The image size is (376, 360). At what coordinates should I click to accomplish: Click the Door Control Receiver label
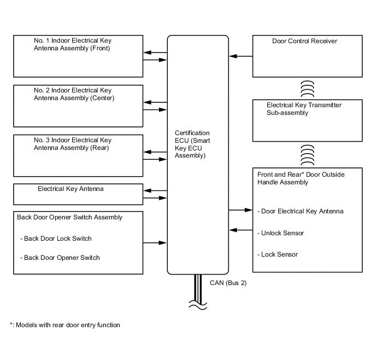(x=304, y=41)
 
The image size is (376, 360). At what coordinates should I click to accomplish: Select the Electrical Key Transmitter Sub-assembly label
(x=303, y=109)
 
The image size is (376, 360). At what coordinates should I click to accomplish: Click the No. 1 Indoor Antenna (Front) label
(x=72, y=44)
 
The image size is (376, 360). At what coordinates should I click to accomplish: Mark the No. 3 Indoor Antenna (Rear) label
(x=72, y=144)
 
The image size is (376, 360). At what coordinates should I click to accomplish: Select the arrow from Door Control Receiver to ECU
(x=241, y=56)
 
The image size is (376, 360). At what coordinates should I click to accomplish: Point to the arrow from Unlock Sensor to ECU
(x=241, y=229)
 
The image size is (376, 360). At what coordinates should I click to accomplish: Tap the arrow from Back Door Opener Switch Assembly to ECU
(x=155, y=242)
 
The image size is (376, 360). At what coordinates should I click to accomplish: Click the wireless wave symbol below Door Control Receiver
(x=308, y=88)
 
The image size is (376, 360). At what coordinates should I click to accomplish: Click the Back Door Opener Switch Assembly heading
(x=69, y=217)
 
